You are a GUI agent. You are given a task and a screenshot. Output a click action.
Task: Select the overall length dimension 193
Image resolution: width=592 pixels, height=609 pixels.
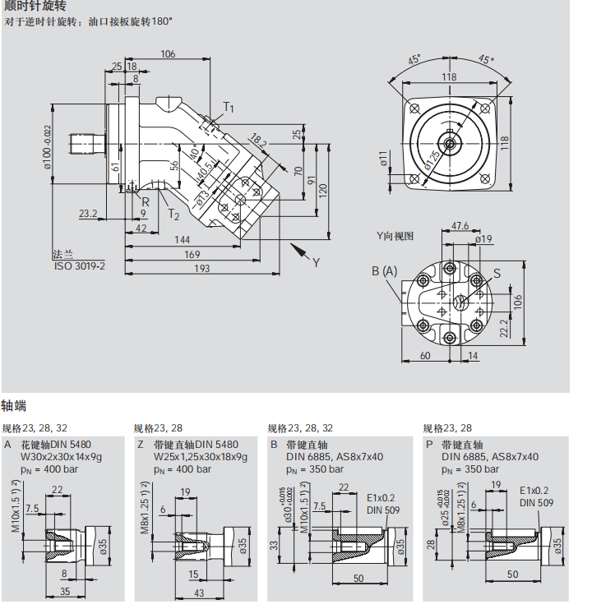tap(201, 268)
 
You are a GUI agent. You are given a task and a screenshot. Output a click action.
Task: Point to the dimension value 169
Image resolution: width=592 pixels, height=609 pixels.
tap(190, 254)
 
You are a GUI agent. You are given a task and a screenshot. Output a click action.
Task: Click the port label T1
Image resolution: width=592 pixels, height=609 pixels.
tap(229, 108)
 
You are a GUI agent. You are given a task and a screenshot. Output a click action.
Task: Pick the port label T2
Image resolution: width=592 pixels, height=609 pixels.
tap(173, 215)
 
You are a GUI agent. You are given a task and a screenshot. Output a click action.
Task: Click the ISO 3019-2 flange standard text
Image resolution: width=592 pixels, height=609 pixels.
tap(80, 266)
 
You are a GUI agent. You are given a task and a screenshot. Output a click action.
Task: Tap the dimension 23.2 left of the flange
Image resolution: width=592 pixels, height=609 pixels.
tap(88, 214)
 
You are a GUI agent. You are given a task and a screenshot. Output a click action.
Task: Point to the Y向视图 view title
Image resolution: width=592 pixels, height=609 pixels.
tap(395, 236)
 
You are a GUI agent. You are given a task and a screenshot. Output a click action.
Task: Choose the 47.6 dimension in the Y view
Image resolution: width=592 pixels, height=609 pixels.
tap(460, 225)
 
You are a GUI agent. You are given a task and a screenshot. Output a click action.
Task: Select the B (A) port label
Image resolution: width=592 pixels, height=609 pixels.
tap(384, 271)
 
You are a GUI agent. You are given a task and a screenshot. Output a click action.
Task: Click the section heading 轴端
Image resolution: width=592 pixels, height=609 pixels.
tap(14, 405)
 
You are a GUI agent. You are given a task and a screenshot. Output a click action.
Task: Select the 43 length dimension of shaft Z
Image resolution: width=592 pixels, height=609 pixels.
tap(201, 593)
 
